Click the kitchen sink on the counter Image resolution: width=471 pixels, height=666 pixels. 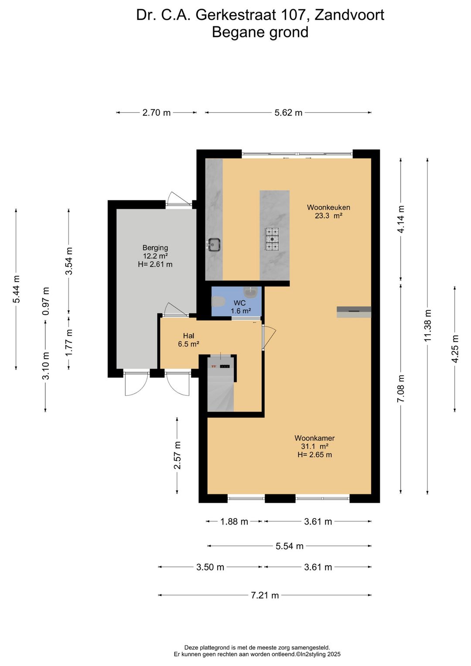pos(214,245)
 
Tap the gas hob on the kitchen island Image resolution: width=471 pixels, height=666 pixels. pos(272,239)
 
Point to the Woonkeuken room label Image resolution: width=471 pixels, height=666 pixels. pos(328,207)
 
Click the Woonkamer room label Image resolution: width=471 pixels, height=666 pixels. pos(314,438)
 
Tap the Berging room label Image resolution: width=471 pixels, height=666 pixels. pos(155,247)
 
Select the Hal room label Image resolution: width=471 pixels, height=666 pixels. pos(188,336)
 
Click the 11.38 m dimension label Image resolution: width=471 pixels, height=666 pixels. pos(427,326)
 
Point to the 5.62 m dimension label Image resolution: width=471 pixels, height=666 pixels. pos(288,113)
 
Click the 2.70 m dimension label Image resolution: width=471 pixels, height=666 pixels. pos(156,113)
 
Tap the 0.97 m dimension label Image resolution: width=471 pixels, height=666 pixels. pos(45,301)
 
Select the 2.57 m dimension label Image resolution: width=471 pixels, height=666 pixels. pos(177,455)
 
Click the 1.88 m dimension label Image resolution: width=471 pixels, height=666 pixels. pos(234,522)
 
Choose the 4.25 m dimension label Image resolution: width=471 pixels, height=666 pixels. pos(455,349)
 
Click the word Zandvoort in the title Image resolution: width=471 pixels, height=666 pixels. pos(349,15)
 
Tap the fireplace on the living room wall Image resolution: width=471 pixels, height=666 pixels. pos(354,312)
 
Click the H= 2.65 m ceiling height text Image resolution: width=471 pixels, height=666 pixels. pos(314,455)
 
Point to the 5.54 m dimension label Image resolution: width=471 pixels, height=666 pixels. pos(289,546)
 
